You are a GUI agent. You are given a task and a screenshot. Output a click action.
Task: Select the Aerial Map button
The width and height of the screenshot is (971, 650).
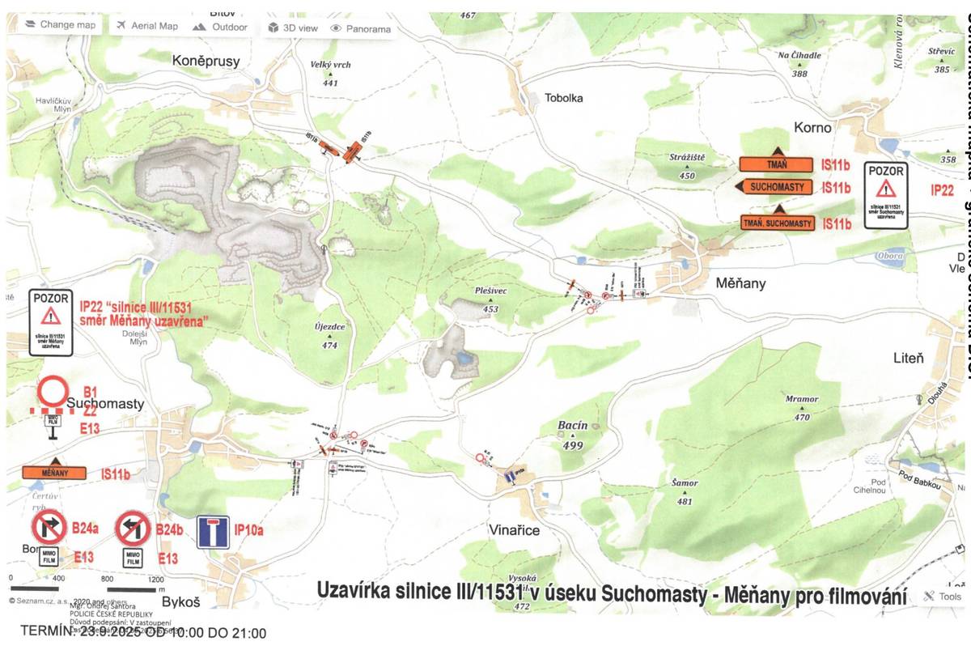click(147, 26)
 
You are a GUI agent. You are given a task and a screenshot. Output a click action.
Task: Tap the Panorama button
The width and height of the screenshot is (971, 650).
click(360, 28)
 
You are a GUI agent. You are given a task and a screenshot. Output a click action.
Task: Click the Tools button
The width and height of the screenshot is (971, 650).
click(943, 597)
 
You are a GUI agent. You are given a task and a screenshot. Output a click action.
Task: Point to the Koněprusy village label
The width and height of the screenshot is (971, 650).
click(206, 60)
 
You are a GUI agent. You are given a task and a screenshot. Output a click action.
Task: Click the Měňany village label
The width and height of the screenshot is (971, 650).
click(740, 283)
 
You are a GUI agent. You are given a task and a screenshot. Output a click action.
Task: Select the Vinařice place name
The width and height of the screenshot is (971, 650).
click(514, 529)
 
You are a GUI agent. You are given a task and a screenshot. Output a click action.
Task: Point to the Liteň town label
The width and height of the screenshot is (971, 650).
click(908, 357)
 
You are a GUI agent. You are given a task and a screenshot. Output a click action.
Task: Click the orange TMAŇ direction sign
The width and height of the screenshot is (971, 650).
click(775, 164)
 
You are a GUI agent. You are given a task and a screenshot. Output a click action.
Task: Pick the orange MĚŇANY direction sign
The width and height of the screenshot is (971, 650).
click(54, 472)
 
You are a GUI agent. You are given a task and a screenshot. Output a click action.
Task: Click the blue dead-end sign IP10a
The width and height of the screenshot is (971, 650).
click(213, 532)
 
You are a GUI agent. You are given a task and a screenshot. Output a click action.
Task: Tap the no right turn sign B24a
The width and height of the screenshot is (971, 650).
click(49, 529)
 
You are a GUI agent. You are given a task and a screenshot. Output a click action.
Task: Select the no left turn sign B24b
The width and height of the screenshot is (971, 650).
click(133, 529)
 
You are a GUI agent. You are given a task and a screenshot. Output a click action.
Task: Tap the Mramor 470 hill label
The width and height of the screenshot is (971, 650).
click(802, 399)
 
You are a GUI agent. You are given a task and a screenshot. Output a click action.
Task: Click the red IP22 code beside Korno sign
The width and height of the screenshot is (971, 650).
click(942, 190)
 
